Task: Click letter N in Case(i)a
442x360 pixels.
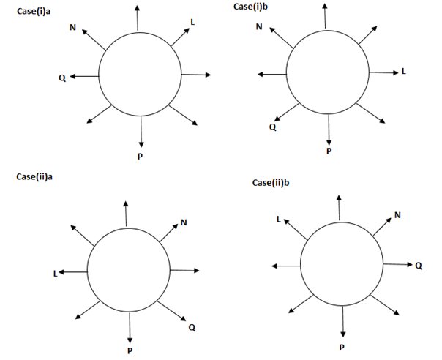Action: [x=72, y=28]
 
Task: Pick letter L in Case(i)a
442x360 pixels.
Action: [x=192, y=22]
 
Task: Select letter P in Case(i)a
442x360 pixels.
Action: [x=141, y=155]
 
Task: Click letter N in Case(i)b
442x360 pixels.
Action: [x=259, y=27]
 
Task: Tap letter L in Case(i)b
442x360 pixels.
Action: [x=403, y=72]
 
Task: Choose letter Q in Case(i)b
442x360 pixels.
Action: [x=272, y=127]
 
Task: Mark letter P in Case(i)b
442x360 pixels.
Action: [x=329, y=151]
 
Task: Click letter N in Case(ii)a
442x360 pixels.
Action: [x=184, y=222]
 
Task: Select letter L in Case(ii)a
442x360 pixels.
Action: [x=55, y=273]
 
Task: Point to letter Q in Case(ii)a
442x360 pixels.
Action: [x=192, y=328]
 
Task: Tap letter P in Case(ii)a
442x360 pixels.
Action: [x=130, y=351]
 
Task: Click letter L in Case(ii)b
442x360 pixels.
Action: [x=278, y=218]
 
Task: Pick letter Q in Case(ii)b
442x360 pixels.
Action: [x=419, y=266]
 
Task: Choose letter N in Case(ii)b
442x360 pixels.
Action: [x=397, y=214]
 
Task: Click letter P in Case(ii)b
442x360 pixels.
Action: [x=342, y=347]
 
